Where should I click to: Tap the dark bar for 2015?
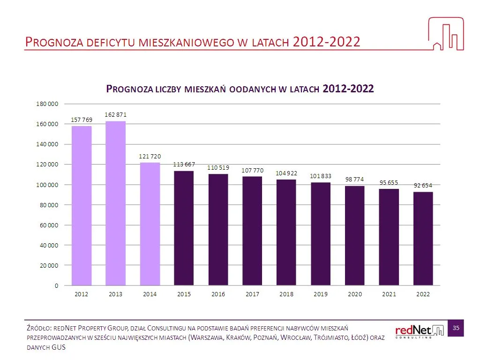click(184, 228)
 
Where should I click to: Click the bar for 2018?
click(286, 232)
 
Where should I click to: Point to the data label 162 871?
click(115, 114)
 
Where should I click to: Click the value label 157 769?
click(82, 120)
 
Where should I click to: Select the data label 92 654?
click(423, 186)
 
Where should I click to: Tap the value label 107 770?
click(252, 170)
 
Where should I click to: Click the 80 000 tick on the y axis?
click(48, 205)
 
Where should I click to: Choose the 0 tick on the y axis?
click(56, 285)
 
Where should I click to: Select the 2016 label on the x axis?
click(218, 294)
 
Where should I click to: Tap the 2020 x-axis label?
click(355, 294)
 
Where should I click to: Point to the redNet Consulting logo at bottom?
click(419, 330)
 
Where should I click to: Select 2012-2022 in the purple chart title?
click(348, 89)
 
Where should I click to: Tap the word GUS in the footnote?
click(58, 347)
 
